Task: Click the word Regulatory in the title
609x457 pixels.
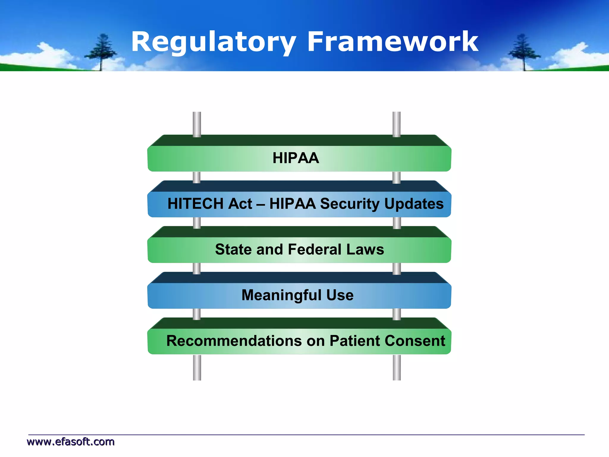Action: click(x=214, y=42)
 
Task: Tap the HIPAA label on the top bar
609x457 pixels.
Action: click(x=296, y=158)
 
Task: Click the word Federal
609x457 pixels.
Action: click(x=314, y=249)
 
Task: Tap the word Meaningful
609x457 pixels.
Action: click(x=281, y=295)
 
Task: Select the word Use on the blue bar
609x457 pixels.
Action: click(x=340, y=295)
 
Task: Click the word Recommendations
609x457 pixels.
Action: click(x=234, y=341)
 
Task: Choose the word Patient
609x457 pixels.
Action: click(x=354, y=341)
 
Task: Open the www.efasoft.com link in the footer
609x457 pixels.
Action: click(x=71, y=442)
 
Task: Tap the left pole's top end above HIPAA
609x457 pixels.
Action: click(x=197, y=115)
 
